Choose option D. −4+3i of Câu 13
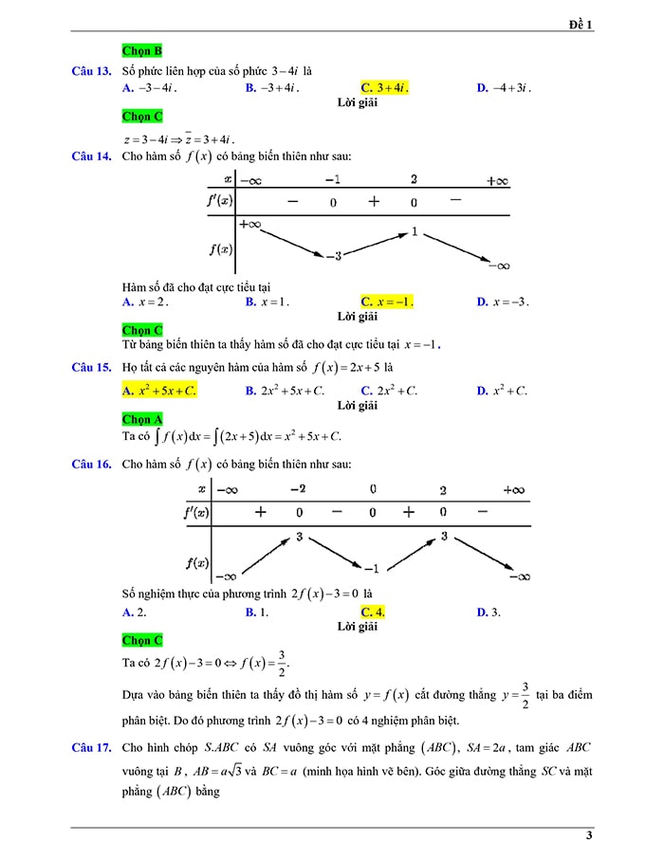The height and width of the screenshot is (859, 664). pos(504,88)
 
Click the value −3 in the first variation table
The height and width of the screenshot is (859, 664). pos(332,256)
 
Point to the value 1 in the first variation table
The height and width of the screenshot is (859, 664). pos(415,231)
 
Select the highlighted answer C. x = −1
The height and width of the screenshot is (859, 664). pos(387,302)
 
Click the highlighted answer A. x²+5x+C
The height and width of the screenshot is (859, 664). pos(159,391)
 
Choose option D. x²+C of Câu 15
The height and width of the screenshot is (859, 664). pos(502,391)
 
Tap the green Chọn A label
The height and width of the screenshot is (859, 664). pos(142,419)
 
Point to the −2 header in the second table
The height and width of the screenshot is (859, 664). pos(298,489)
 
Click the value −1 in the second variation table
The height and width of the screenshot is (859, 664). pos(371,568)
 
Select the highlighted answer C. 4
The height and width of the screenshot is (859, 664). pos(373,612)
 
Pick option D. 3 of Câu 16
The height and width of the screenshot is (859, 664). pos(489,612)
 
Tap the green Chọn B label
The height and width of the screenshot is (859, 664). pos(142,50)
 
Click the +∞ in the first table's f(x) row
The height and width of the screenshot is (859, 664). pos(250,225)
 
